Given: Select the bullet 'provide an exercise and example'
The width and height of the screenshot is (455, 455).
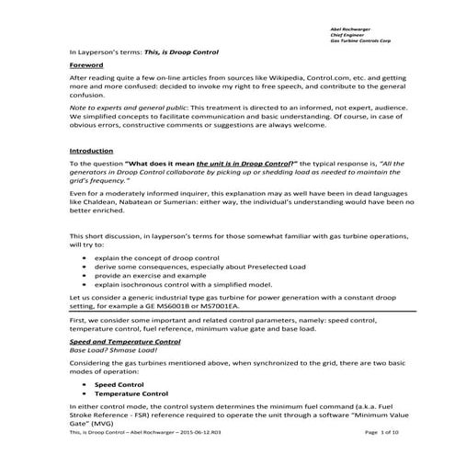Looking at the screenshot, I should [x=142, y=285].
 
